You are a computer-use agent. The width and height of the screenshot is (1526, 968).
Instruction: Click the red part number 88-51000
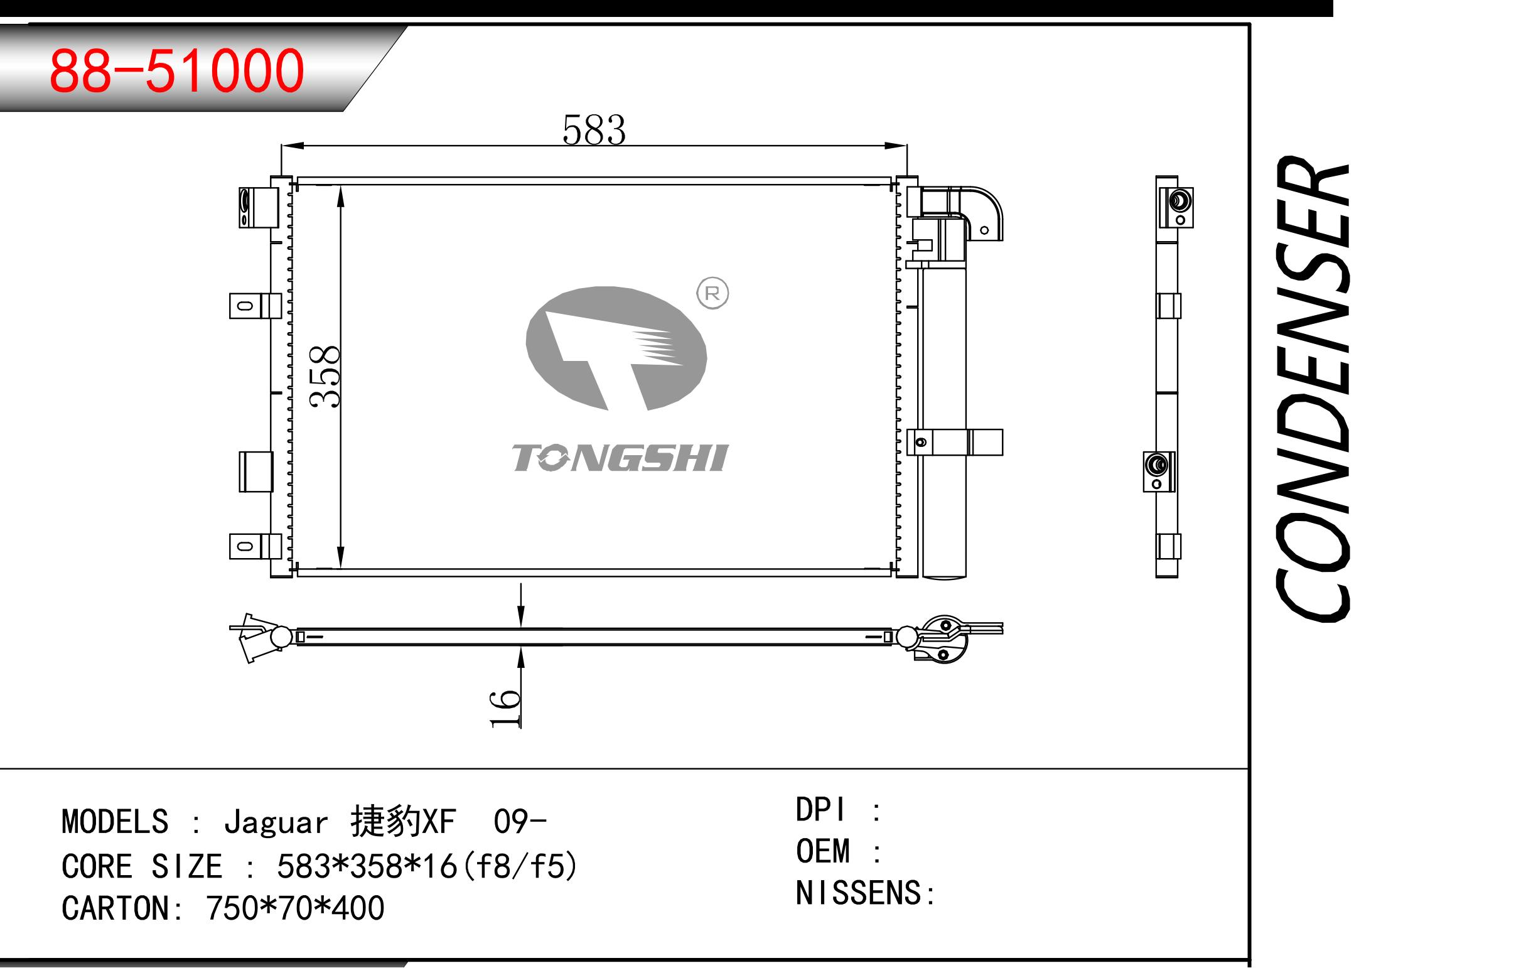pos(177,71)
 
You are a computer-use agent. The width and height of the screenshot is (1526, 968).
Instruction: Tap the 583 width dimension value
pos(594,130)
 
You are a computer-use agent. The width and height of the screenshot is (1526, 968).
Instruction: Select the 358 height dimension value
pos(325,376)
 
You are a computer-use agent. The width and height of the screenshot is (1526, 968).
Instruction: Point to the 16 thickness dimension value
pos(505,707)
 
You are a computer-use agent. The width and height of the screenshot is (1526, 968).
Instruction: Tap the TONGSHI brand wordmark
pos(620,458)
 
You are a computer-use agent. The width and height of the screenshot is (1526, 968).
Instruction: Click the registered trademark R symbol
pos(712,294)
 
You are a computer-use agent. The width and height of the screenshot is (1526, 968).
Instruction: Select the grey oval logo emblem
pos(616,348)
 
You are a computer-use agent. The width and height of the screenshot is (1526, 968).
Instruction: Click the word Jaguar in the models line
pos(276,822)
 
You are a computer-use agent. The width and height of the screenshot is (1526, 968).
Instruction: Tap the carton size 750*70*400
pos(294,908)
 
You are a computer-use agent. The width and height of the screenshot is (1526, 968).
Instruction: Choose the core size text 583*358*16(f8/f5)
pos(426,866)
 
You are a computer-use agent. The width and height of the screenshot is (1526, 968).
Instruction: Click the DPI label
pos(820,810)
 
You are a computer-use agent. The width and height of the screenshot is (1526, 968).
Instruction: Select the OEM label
pos(822,851)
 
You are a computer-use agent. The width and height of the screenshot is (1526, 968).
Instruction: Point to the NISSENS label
pos(859,893)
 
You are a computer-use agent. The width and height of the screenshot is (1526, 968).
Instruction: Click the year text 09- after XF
pos(519,822)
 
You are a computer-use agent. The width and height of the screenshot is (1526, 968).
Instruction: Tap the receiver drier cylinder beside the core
pos(944,422)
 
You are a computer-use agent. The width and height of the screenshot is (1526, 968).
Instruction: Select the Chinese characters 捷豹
pos(386,822)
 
